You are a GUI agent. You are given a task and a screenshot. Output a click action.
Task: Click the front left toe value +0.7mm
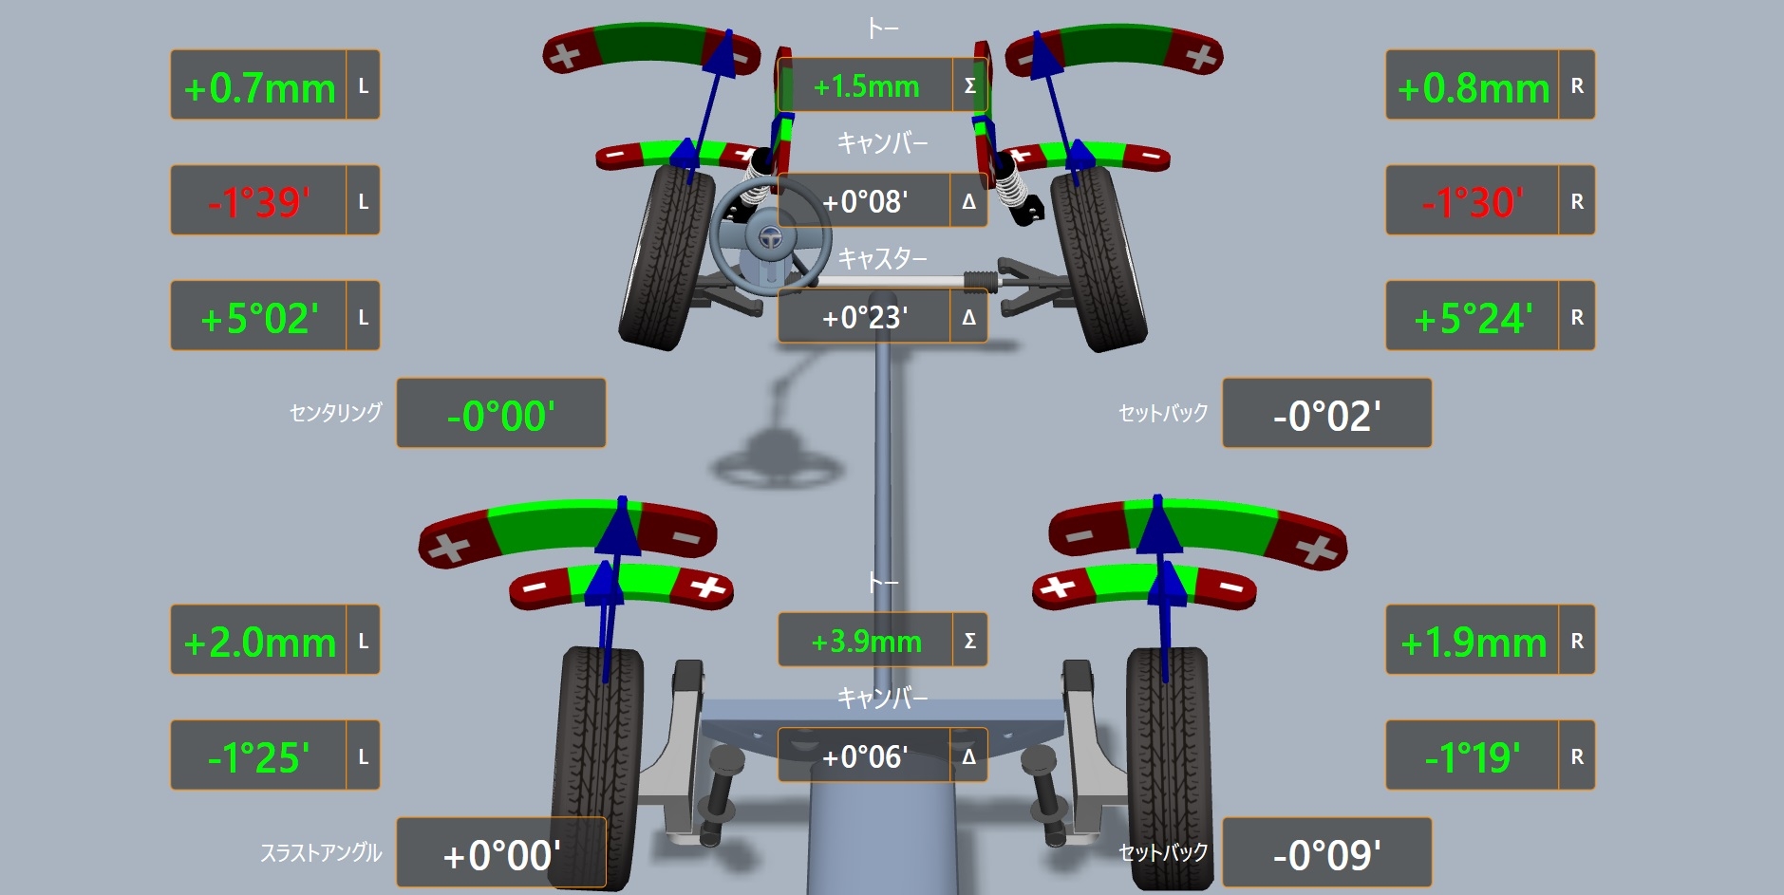click(x=259, y=87)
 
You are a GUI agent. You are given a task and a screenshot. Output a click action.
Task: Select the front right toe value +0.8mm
click(x=1474, y=87)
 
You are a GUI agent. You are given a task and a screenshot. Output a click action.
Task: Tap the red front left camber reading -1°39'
click(x=259, y=202)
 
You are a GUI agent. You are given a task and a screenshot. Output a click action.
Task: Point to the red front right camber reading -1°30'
click(x=1473, y=202)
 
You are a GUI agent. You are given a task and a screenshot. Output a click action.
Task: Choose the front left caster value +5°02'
click(x=259, y=318)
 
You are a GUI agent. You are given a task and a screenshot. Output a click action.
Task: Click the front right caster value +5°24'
click(x=1473, y=318)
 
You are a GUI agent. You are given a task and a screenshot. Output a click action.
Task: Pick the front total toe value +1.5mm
click(x=866, y=86)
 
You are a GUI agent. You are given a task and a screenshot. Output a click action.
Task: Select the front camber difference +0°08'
click(x=865, y=201)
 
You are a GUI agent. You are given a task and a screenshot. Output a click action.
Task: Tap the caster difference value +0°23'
click(x=865, y=317)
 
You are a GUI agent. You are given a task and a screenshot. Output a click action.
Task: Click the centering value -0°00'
click(x=500, y=416)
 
